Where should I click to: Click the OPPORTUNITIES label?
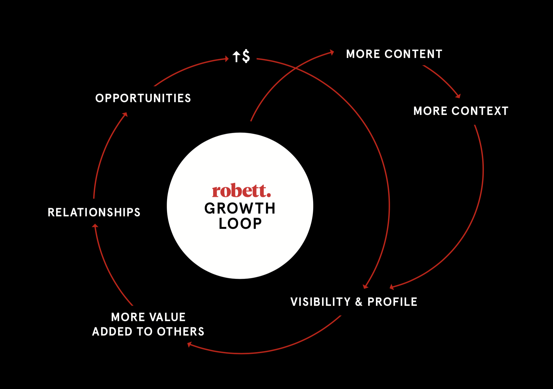(x=143, y=98)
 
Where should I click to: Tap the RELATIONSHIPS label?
(x=94, y=212)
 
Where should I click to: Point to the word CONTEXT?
(x=480, y=111)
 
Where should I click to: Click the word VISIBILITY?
(x=320, y=302)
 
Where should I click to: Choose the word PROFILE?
(x=392, y=302)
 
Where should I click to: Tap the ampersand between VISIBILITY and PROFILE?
(x=359, y=302)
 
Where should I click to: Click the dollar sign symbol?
(x=246, y=56)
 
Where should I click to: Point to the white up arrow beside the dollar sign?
(x=236, y=57)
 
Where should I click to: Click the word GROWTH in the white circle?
(x=240, y=208)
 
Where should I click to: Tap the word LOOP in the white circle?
(x=240, y=224)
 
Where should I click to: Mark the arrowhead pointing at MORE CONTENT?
(x=332, y=52)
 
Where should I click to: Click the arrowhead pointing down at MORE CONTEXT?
(x=458, y=96)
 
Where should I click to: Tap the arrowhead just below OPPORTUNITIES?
(x=125, y=114)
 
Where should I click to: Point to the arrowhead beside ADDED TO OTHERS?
(x=190, y=345)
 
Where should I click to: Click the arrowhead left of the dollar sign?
(x=226, y=59)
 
